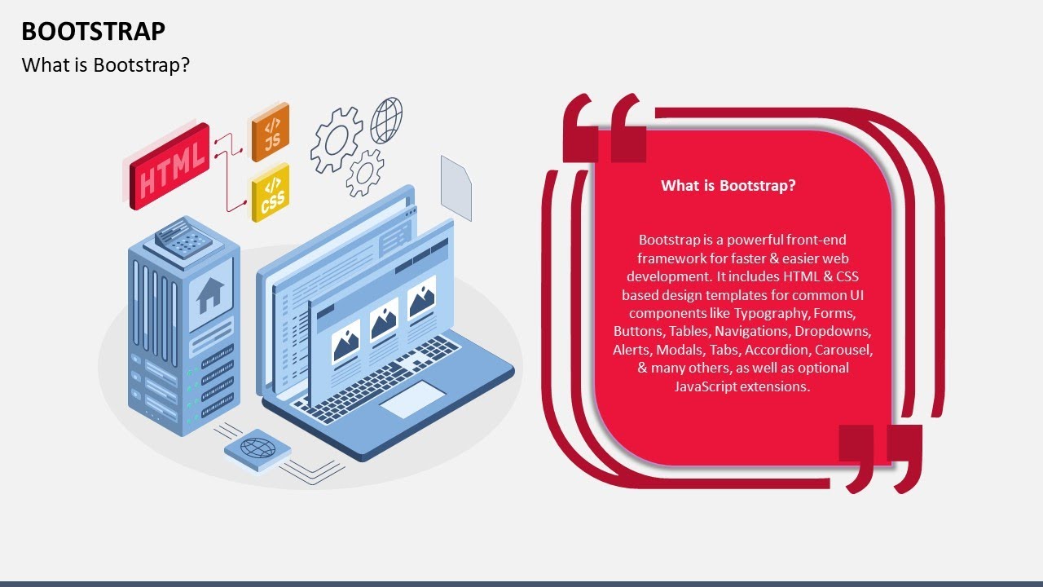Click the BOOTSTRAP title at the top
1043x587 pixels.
[93, 31]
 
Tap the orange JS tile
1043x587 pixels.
[271, 131]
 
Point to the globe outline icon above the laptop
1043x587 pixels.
[386, 120]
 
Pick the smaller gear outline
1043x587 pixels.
[364, 172]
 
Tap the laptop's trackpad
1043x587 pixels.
[412, 399]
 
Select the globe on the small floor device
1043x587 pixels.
[257, 448]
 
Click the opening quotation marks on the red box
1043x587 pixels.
[605, 129]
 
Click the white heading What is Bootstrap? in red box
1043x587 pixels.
[728, 186]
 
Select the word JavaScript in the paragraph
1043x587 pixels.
[705, 386]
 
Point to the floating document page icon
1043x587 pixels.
[456, 188]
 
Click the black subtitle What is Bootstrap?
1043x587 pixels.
[106, 65]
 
